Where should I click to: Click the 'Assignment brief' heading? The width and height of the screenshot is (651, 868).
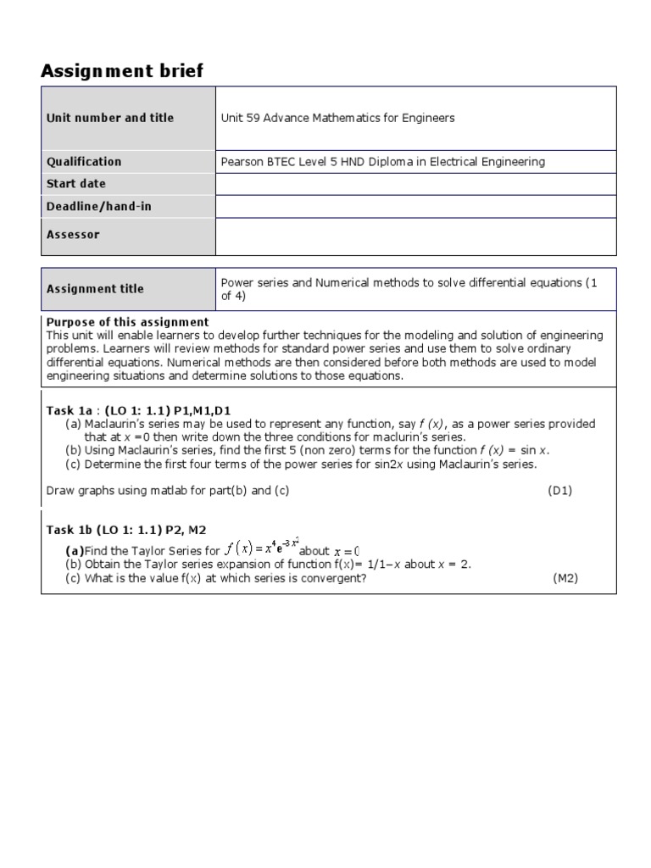pos(122,71)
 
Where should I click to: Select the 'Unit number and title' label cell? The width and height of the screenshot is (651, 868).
pos(110,118)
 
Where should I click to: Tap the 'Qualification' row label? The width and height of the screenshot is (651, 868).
pos(84,162)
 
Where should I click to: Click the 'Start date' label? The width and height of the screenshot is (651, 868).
pos(76,184)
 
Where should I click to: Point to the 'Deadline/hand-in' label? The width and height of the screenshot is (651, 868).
pos(99,206)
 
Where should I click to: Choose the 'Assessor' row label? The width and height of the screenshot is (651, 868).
pos(73,235)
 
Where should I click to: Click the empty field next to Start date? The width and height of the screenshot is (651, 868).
pos(415,184)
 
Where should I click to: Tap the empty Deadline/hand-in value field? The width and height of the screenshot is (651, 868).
pos(415,206)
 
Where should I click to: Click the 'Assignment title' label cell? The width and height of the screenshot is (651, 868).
pos(95,289)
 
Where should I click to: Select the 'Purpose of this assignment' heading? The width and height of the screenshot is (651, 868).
pos(127,322)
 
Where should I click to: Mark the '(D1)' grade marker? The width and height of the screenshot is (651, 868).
pos(559,491)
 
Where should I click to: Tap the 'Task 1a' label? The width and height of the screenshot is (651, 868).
pos(69,410)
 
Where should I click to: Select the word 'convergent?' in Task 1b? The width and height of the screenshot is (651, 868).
pos(336,578)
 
